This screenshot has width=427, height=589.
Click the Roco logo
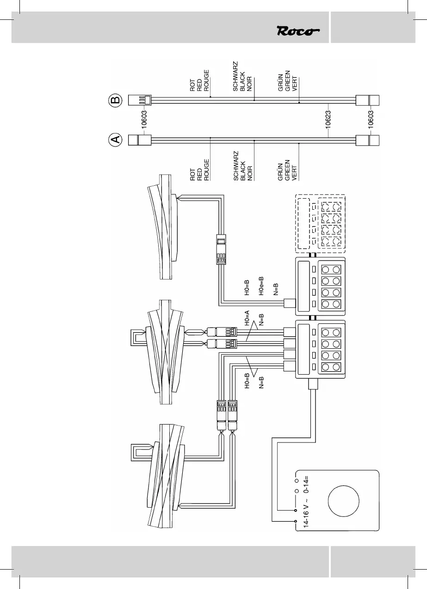tap(298, 31)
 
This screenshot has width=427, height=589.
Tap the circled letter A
tap(116, 139)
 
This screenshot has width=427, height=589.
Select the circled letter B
tap(116, 99)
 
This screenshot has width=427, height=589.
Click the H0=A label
tap(247, 319)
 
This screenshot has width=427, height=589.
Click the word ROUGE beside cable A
tap(207, 170)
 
